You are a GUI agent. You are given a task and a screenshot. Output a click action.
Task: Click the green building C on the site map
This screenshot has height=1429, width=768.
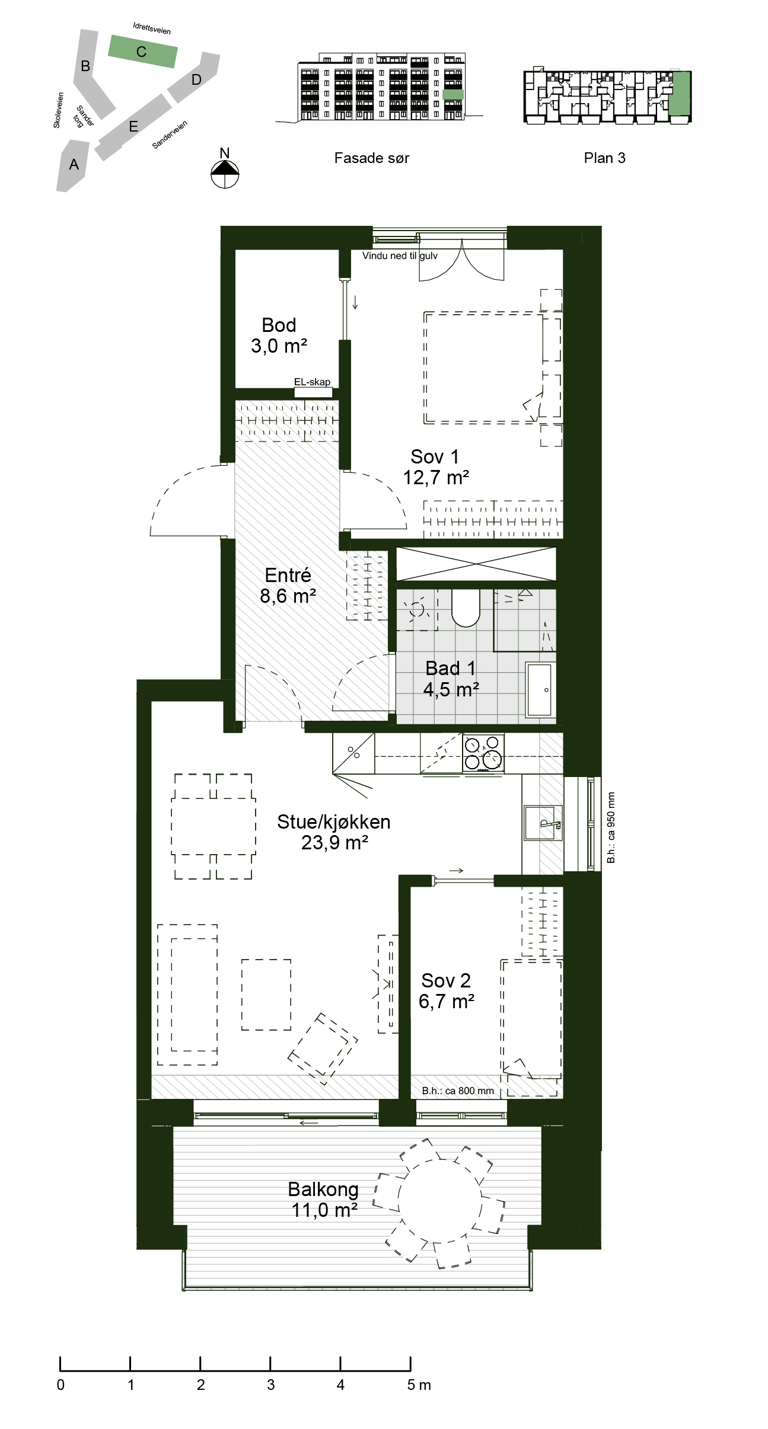pyautogui.click(x=142, y=52)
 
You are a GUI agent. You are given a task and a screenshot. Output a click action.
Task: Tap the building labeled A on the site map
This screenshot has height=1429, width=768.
pyautogui.click(x=72, y=165)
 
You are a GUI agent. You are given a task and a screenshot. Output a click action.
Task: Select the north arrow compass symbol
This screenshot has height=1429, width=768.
pyautogui.click(x=225, y=173)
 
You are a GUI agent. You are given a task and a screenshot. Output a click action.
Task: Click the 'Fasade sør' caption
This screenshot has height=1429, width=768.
pyautogui.click(x=372, y=158)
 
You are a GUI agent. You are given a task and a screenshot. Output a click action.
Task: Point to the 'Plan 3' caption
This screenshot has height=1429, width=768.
pyautogui.click(x=604, y=158)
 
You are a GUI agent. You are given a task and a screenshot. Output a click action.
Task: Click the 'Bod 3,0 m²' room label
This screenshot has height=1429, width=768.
pyautogui.click(x=279, y=335)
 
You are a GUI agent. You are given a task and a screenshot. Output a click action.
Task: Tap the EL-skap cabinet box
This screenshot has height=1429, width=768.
pyautogui.click(x=313, y=392)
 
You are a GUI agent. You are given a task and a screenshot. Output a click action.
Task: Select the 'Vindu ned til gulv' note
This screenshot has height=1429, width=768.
pyautogui.click(x=400, y=255)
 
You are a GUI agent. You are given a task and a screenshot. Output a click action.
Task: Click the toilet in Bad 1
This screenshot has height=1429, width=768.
pyautogui.click(x=466, y=608)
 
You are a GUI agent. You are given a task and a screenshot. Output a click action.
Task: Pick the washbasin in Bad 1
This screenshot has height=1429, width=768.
pyautogui.click(x=539, y=689)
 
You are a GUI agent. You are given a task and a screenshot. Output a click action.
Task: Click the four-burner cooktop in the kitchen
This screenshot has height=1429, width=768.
pyautogui.click(x=483, y=753)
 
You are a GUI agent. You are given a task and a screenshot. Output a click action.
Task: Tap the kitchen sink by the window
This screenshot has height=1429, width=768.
pyautogui.click(x=542, y=823)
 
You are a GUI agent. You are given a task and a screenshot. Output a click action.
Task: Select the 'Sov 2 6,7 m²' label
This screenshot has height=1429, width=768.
pyautogui.click(x=446, y=990)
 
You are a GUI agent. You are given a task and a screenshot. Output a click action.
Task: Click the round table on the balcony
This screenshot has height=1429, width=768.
pyautogui.click(x=439, y=1200)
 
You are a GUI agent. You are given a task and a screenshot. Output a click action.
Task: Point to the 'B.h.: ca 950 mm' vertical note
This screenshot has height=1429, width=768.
pyautogui.click(x=611, y=827)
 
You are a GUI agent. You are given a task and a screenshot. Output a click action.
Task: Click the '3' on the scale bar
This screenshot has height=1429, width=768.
pyautogui.click(x=271, y=1385)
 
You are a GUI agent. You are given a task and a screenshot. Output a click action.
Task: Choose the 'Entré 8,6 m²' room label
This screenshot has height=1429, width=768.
pyautogui.click(x=288, y=585)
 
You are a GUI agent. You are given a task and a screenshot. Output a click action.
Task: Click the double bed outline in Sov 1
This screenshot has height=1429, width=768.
pyautogui.click(x=484, y=368)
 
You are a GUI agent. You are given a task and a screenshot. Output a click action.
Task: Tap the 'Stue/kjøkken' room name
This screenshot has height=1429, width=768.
pyautogui.click(x=334, y=821)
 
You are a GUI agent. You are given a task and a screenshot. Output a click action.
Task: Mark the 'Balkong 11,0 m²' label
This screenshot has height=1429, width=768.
pyautogui.click(x=324, y=1200)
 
